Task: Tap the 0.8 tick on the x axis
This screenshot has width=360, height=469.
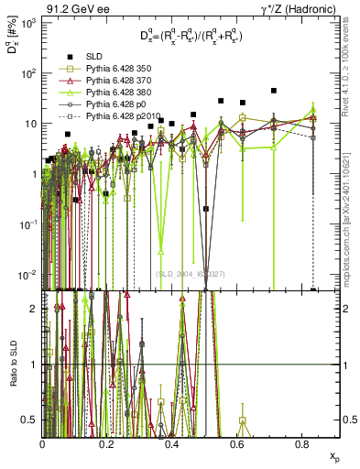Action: point(301,442)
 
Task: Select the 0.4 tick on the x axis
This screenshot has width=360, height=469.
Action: point(172,442)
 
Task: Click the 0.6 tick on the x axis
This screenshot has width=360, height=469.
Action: point(236,442)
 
